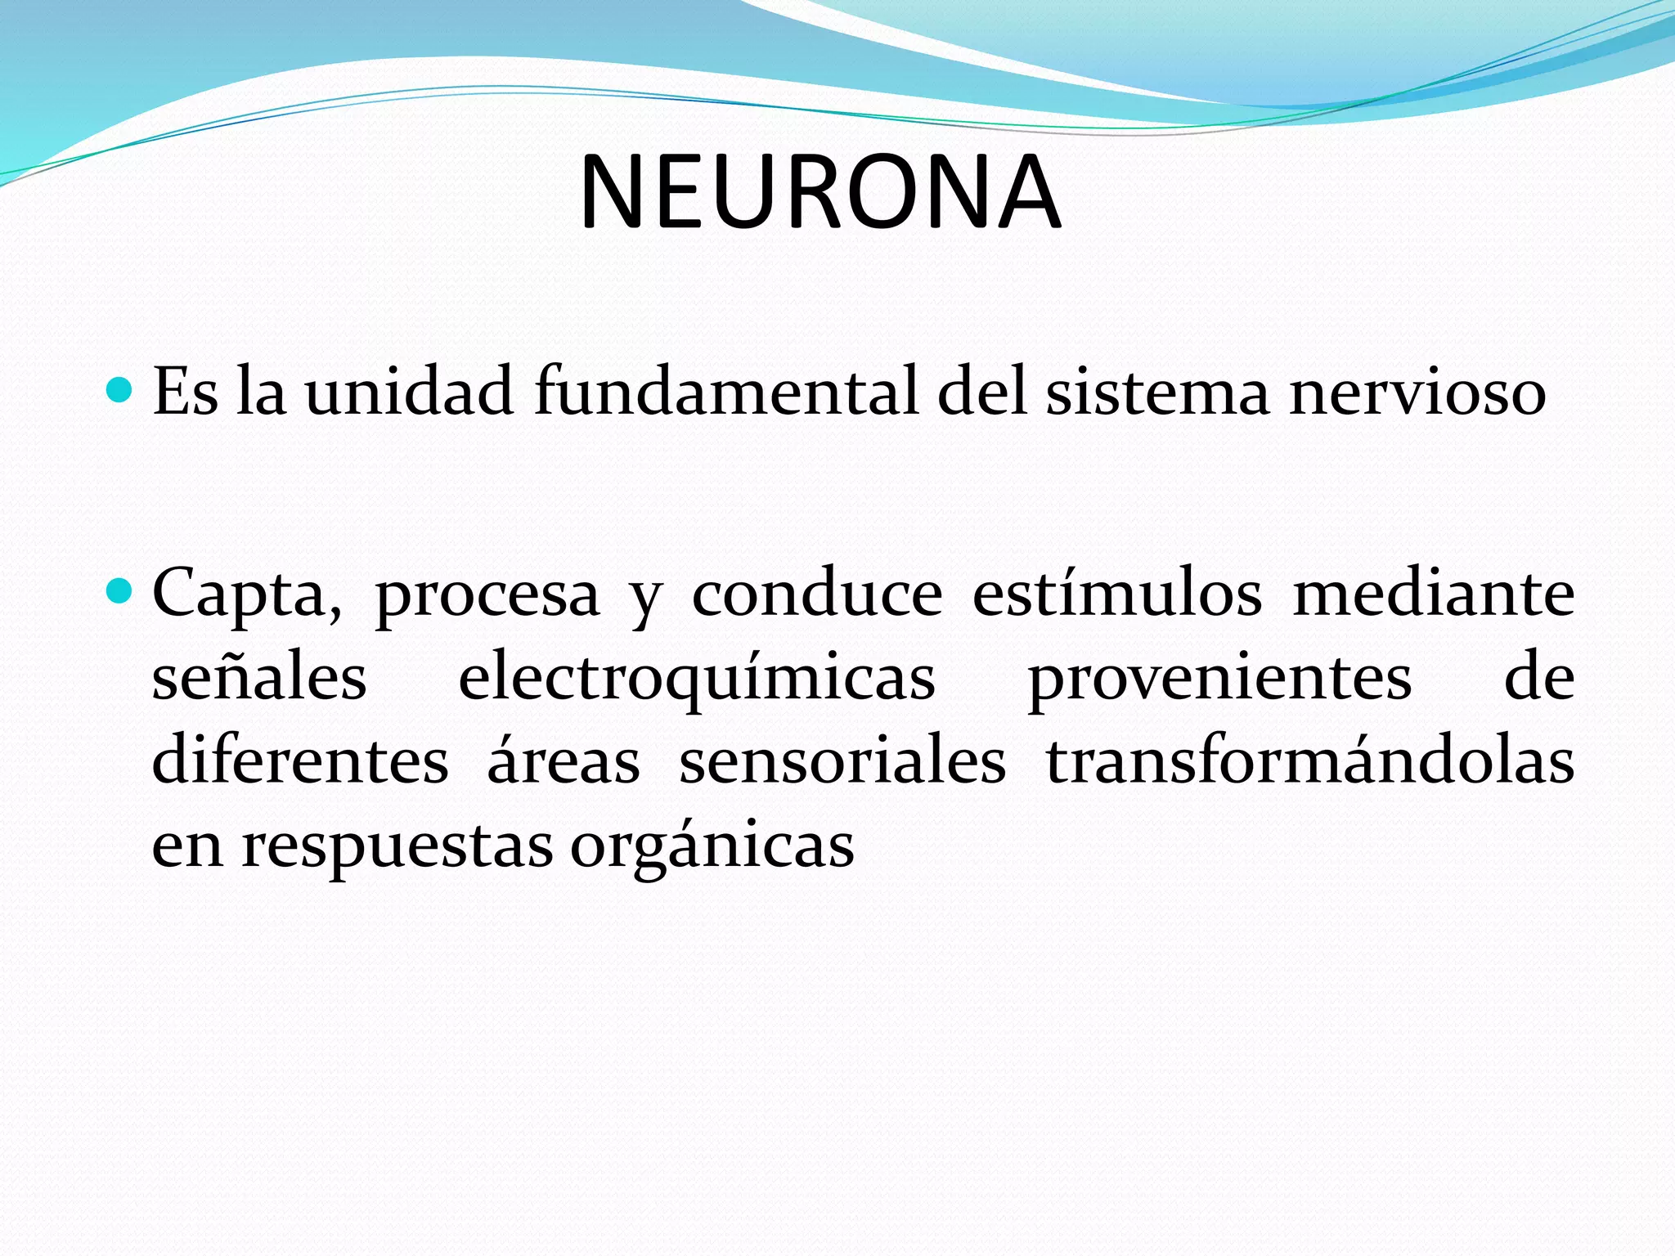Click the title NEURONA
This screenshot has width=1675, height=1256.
[820, 193]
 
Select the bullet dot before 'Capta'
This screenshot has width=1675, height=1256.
[119, 590]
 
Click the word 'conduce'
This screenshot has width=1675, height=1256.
[817, 594]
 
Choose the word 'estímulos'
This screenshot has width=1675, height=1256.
[1117, 594]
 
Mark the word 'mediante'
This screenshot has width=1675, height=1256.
[1434, 594]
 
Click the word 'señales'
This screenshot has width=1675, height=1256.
[259, 679]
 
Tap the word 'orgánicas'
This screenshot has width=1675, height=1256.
[712, 847]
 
